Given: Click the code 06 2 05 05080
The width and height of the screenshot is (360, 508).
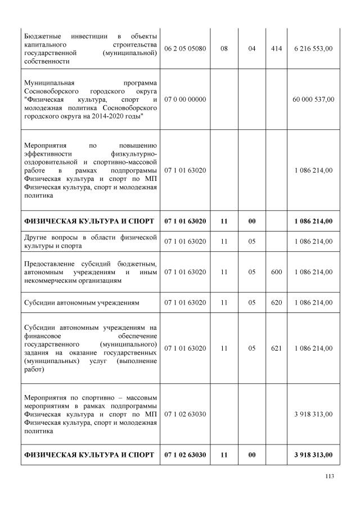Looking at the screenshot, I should [185, 49].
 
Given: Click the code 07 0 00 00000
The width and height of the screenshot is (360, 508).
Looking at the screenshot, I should [185, 99].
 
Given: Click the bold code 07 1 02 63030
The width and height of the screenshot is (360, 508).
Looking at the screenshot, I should [185, 455].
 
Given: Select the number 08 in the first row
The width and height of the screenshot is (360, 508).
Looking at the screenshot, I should [224, 49].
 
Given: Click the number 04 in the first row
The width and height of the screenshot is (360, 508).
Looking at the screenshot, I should [251, 49].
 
